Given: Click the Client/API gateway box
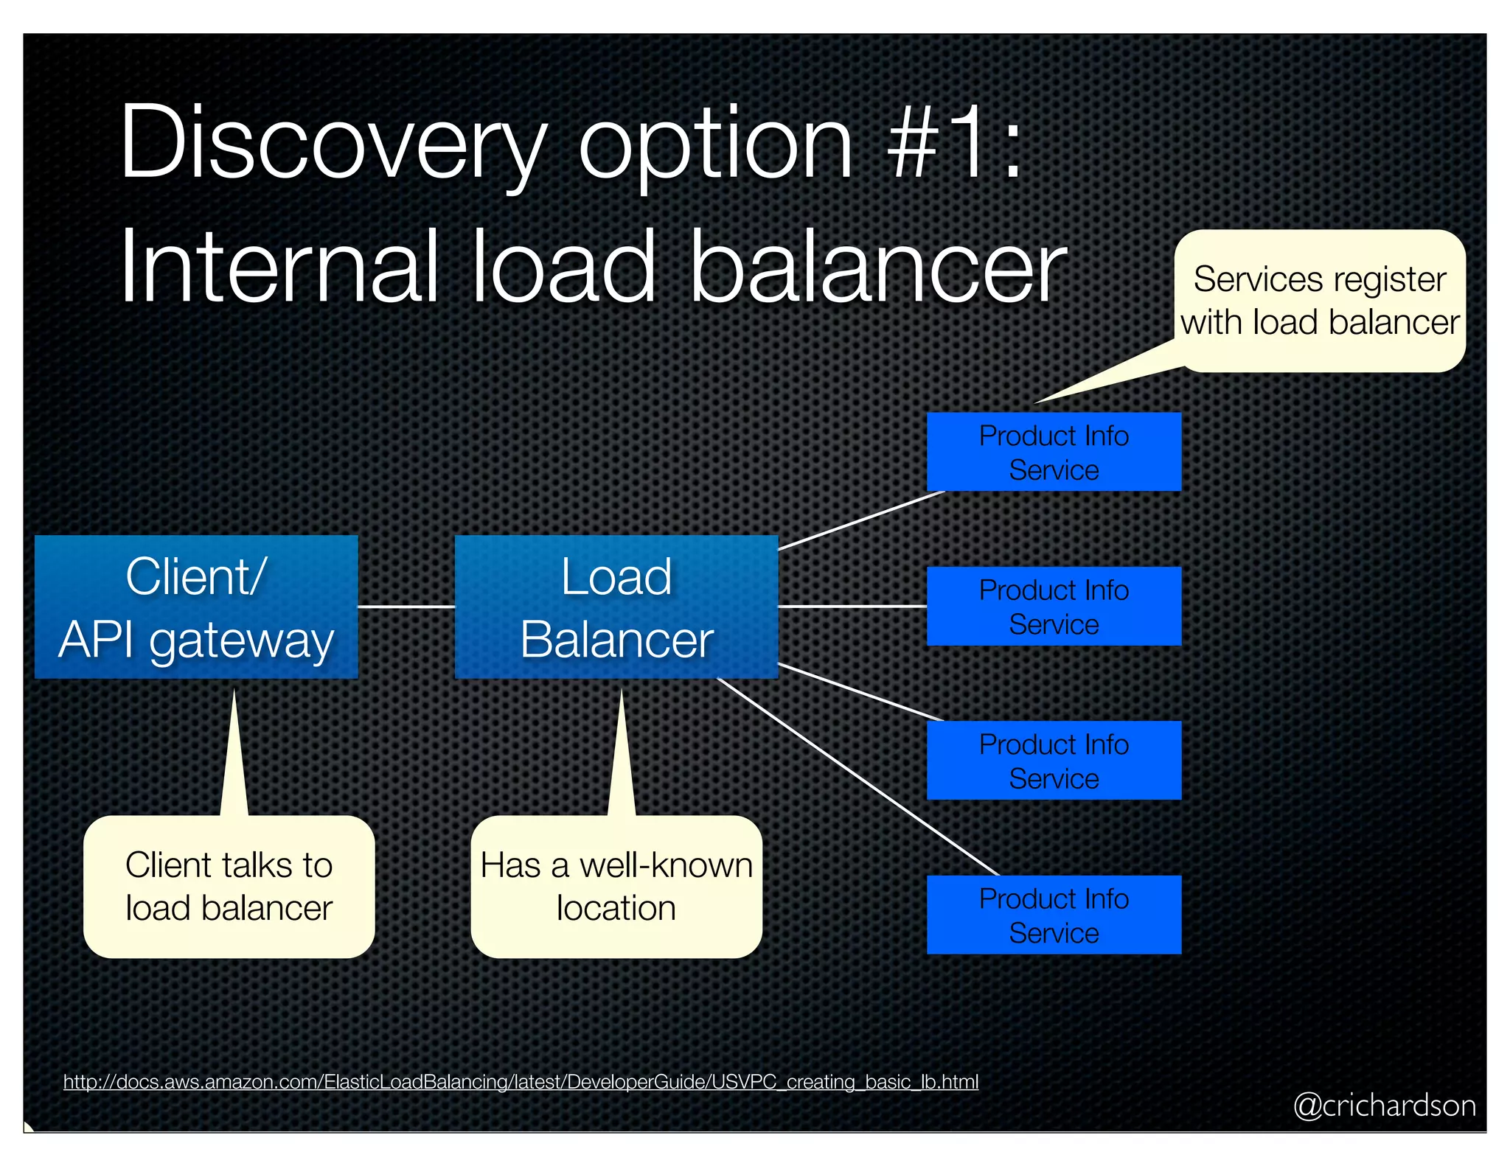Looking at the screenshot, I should click(x=196, y=606).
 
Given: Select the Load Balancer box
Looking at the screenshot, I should click(x=616, y=606).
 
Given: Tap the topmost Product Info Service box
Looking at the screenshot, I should click(x=1053, y=452).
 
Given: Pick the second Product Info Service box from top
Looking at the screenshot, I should click(x=1053, y=606).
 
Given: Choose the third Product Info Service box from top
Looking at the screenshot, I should click(x=1053, y=760).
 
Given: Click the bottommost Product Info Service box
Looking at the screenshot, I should click(x=1053, y=915).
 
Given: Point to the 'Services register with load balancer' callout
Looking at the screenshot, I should click(x=1319, y=301).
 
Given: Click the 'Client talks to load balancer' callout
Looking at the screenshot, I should click(x=229, y=886).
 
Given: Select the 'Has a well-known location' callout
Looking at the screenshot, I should click(x=616, y=886).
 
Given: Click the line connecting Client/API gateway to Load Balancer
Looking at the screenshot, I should click(x=406, y=607).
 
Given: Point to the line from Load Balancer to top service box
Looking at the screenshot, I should click(x=861, y=520).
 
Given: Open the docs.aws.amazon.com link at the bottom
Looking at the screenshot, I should click(x=521, y=1081).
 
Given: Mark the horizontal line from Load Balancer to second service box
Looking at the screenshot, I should click(x=852, y=606).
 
